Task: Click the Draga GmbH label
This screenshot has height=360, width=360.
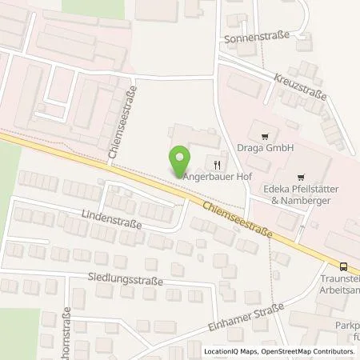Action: point(262,148)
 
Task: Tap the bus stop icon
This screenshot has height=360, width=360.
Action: point(343,267)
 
